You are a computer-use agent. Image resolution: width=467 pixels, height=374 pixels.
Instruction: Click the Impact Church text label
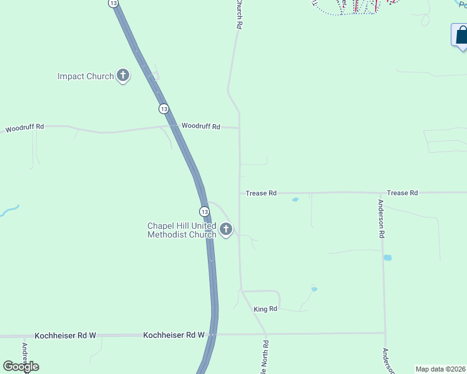pos(86,77)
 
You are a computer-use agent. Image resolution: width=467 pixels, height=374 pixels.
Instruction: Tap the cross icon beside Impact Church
pos(123,76)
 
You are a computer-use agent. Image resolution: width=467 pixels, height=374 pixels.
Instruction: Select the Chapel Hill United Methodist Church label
pos(182,230)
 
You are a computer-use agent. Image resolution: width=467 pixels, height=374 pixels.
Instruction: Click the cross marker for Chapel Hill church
pos(226,229)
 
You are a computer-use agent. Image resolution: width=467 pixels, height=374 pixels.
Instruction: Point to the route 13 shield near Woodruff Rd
pos(164,108)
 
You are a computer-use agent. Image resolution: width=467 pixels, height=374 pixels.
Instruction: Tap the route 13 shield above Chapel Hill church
pos(204,211)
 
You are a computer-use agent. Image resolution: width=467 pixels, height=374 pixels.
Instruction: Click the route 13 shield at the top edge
pos(113,3)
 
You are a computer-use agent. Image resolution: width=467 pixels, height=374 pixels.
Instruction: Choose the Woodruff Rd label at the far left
pos(25,128)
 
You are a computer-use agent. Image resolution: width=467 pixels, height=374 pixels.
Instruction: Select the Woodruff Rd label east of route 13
pos(200,127)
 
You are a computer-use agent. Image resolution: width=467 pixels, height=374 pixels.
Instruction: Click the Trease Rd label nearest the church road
pos(261,193)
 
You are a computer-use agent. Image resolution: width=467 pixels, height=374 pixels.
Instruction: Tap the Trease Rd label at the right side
pos(402,193)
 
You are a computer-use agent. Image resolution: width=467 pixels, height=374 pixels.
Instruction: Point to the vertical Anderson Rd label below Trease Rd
pos(381,219)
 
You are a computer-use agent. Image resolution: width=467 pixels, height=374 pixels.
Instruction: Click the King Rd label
pos(265,309)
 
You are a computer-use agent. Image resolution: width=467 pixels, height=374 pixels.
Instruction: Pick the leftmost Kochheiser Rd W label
pos(66,335)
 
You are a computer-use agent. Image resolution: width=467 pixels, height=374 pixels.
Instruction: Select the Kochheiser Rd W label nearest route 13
pos(174,335)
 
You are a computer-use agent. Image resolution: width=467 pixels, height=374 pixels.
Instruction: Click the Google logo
pos(21,366)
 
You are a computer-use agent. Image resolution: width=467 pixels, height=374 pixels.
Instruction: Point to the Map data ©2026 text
pos(441,369)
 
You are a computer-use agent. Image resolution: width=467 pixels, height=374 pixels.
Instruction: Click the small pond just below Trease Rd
pos(295,200)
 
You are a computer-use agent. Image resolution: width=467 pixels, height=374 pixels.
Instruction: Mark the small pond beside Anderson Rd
pos(388,257)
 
